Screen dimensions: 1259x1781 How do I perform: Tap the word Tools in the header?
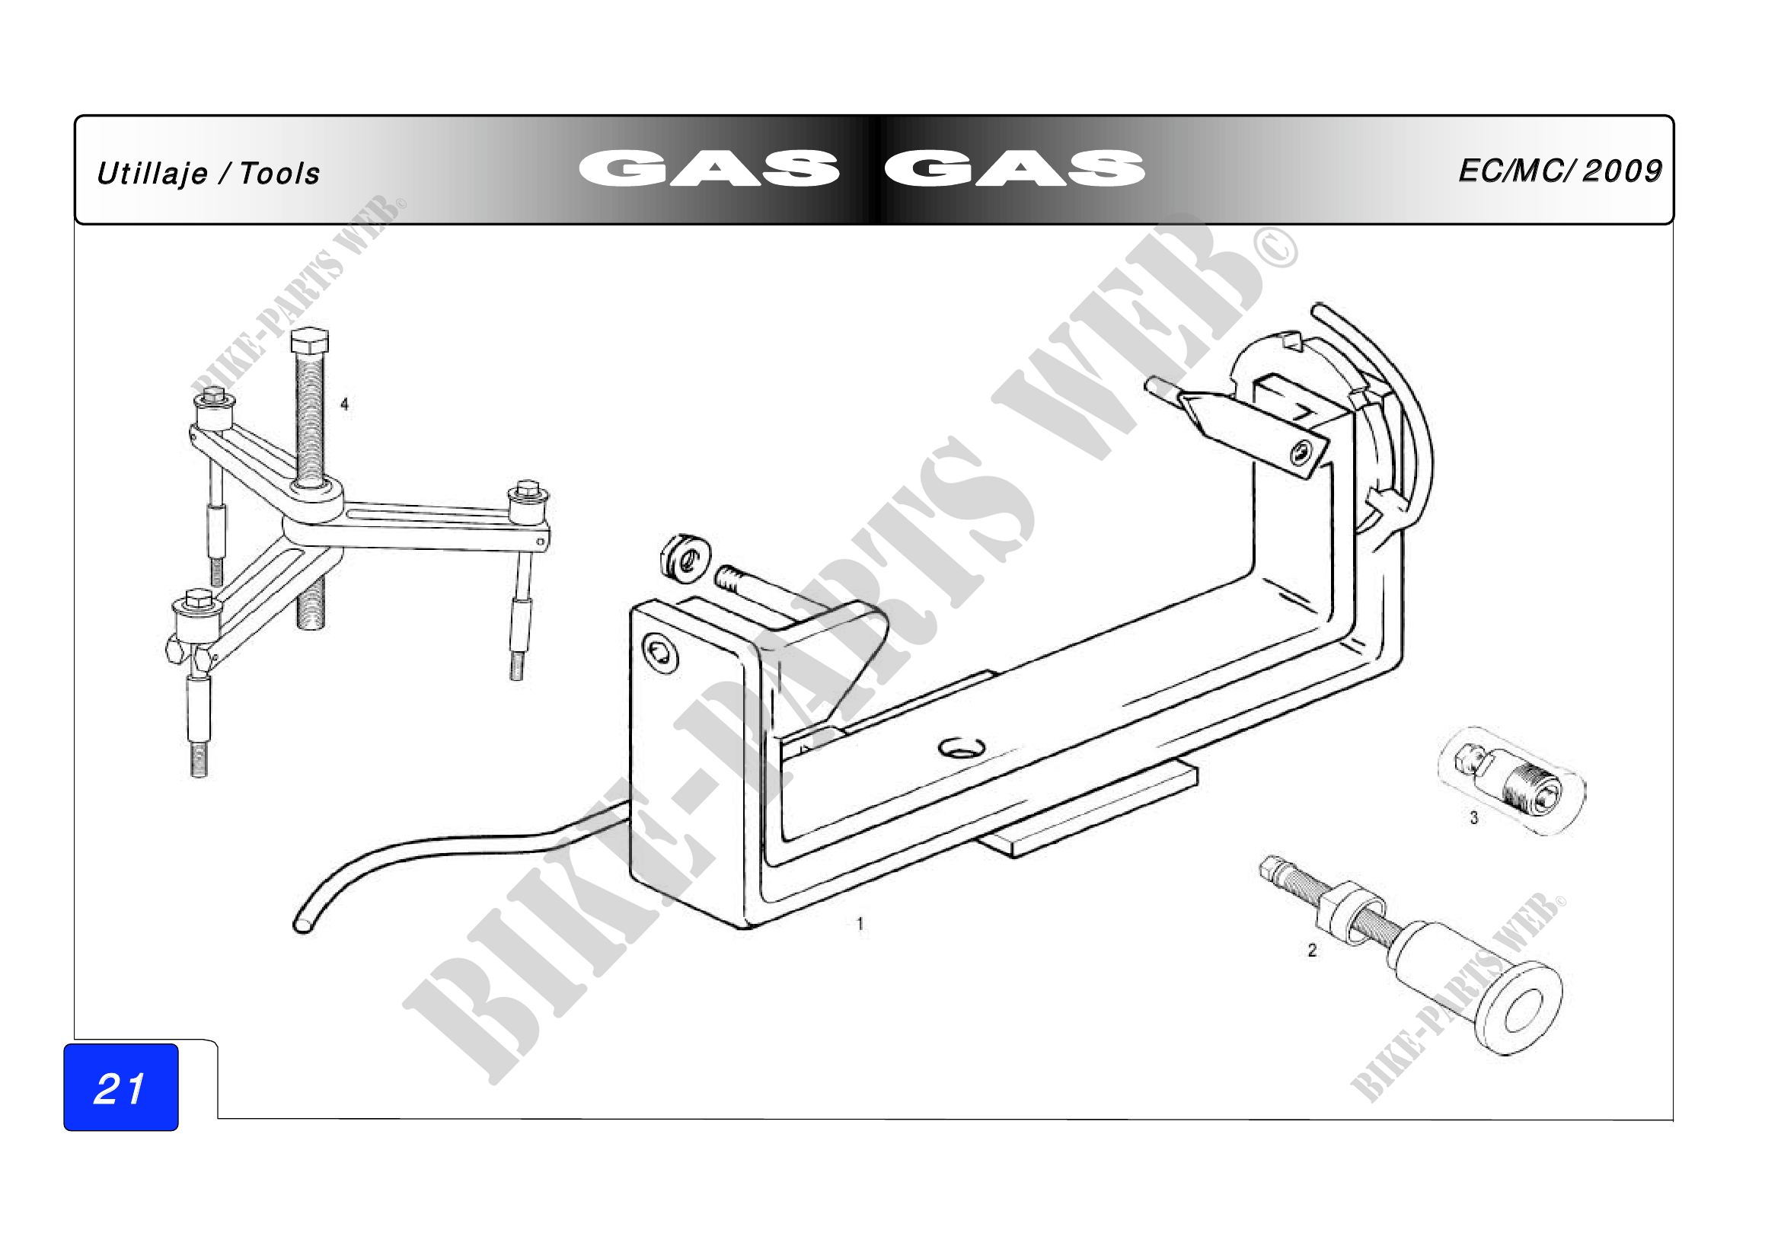(279, 174)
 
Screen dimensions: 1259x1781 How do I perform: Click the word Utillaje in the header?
(152, 174)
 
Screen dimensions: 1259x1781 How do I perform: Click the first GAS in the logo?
(708, 168)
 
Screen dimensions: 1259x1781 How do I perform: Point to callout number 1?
(860, 924)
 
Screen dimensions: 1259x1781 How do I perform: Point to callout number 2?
(1312, 951)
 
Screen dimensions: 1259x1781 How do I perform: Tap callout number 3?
(1474, 817)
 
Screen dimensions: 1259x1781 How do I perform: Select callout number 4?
(344, 404)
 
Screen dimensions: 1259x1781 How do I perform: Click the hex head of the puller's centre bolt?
(309, 340)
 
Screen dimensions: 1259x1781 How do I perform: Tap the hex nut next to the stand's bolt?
(686, 555)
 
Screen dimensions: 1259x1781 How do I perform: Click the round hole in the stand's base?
(962, 749)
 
